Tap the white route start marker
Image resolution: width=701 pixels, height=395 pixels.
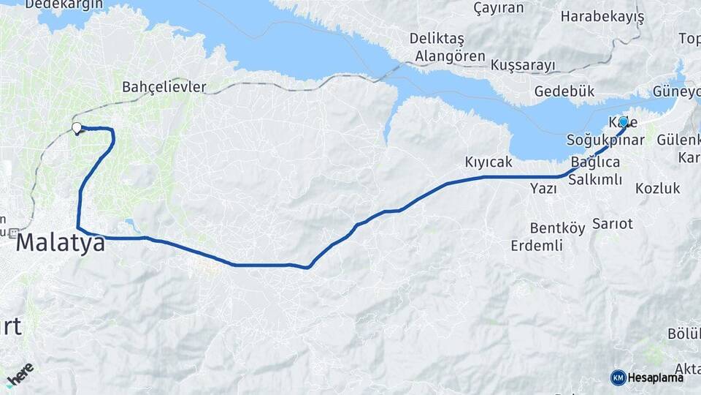tap(77, 129)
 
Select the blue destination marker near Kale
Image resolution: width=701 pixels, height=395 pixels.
tap(623, 122)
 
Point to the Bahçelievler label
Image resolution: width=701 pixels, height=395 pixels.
tap(164, 88)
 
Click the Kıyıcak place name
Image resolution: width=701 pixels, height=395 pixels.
tap(489, 162)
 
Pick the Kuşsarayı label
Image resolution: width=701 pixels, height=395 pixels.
tap(523, 65)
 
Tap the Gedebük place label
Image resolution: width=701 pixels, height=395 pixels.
tap(564, 92)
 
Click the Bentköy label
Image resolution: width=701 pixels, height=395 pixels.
tap(557, 229)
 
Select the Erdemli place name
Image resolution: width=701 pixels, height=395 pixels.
tap(537, 246)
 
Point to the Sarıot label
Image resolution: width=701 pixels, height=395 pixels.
tap(613, 223)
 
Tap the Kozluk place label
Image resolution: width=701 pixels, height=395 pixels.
tap(657, 189)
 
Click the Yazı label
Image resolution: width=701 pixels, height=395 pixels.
tap(543, 189)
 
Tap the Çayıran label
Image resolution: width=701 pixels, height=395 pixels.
tap(499, 8)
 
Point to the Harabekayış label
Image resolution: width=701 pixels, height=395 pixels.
tap(602, 16)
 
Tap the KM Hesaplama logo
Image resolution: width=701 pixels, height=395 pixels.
tap(647, 377)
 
